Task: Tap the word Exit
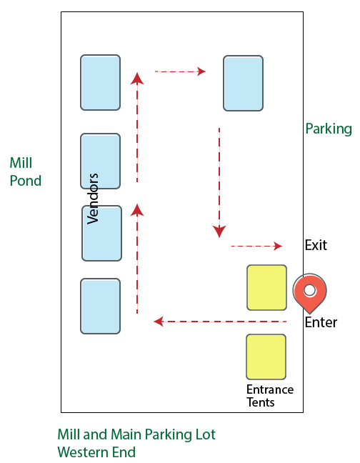coord(315,245)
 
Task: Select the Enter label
coord(321,322)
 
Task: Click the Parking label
coord(329,129)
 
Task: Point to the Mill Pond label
coord(25,172)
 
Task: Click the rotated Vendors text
coord(92,199)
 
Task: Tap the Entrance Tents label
coord(269,396)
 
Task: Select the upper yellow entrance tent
coord(266,287)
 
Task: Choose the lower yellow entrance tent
coord(266,357)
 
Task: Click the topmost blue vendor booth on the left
coord(100,82)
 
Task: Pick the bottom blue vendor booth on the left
coord(100,307)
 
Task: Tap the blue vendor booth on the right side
coord(243,84)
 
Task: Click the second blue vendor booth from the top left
coord(100,161)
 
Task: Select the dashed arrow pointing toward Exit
coord(256,246)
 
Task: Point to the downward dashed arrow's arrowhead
coord(219,231)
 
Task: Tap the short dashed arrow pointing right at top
coord(180,71)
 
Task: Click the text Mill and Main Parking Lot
coord(136,434)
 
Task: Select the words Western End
coord(96,452)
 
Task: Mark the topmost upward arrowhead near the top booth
coord(137,77)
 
